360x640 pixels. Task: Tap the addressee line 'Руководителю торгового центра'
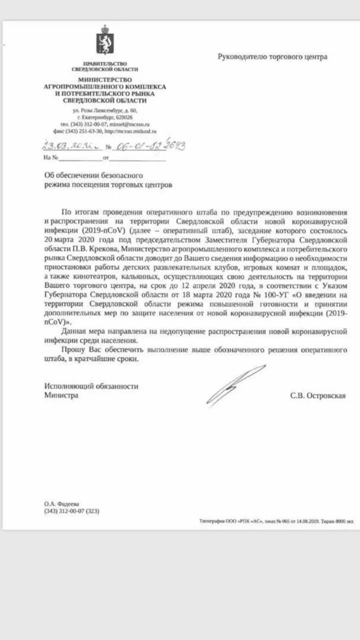click(x=272, y=57)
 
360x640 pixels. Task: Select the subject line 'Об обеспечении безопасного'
click(x=93, y=176)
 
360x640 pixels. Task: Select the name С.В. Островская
click(x=318, y=396)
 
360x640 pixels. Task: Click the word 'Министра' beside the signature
click(x=62, y=395)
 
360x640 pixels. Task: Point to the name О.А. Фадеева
click(x=62, y=504)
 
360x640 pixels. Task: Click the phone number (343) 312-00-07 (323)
click(x=72, y=511)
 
